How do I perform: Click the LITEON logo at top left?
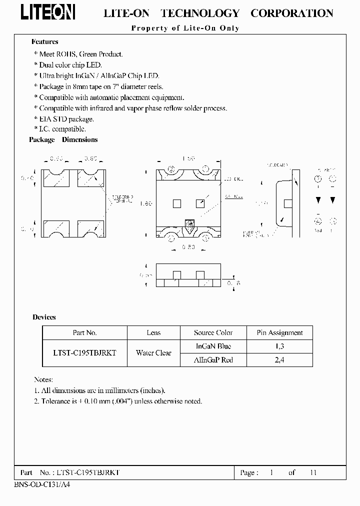[48, 12]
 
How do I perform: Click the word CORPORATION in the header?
[291, 13]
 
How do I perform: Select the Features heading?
[44, 42]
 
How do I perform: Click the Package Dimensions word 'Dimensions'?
[79, 140]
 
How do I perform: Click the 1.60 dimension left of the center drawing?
[145, 203]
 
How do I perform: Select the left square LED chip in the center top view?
[176, 203]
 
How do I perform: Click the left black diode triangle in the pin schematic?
[317, 200]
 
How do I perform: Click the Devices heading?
[44, 317]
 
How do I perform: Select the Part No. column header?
[84, 333]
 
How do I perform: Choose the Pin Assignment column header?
[279, 333]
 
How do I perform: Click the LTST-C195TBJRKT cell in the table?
[84, 353]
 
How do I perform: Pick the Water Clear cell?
[153, 353]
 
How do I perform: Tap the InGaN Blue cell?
[213, 346]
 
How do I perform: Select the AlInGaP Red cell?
[213, 360]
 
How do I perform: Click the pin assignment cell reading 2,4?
[279, 360]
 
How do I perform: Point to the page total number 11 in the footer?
[313, 472]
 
